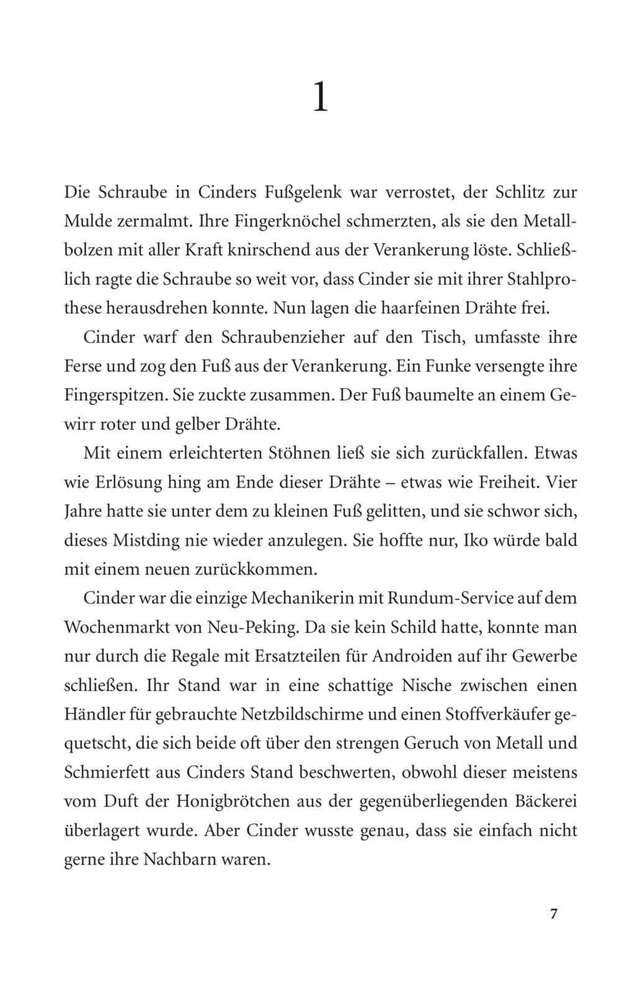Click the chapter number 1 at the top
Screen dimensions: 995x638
point(320,98)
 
